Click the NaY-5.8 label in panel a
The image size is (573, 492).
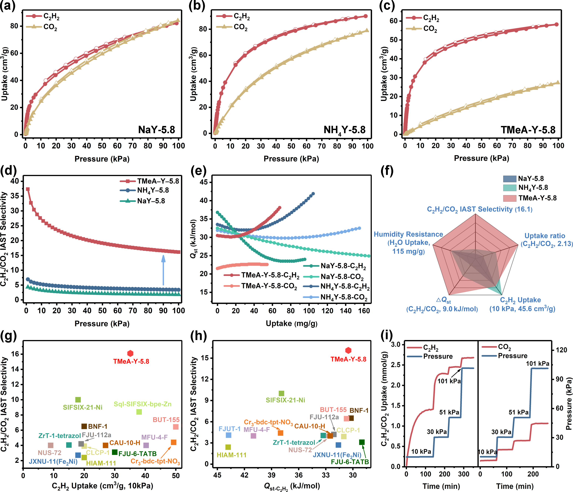[157, 130]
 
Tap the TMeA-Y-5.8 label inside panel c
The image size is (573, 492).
[528, 130]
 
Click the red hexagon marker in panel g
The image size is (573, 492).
[130, 353]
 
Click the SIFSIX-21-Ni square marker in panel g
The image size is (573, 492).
[78, 400]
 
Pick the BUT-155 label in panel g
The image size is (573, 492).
[166, 420]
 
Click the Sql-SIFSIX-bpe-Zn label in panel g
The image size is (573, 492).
[143, 404]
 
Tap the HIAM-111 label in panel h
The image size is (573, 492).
[232, 455]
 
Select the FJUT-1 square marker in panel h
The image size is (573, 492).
[228, 435]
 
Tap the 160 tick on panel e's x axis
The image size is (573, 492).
[364, 311]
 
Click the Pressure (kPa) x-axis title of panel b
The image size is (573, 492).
[291, 159]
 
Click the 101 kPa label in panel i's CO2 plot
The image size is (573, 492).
[537, 364]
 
